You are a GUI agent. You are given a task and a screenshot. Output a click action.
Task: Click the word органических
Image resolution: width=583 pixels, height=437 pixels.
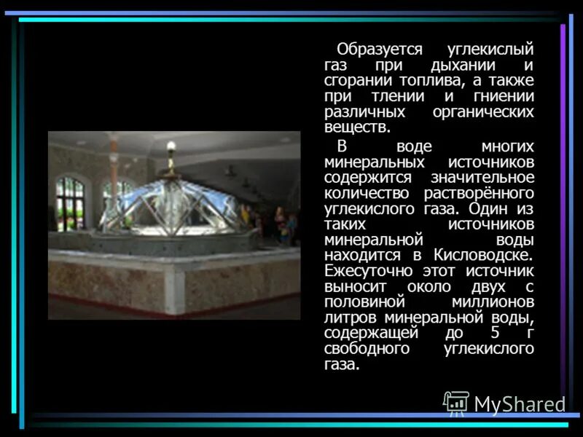[484, 113]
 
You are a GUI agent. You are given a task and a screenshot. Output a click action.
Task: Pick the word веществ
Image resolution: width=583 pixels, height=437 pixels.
[357, 128]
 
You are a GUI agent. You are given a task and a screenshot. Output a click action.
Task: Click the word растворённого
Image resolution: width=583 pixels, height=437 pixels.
[480, 193]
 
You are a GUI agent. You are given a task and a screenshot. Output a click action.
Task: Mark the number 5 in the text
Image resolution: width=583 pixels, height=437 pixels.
[495, 333]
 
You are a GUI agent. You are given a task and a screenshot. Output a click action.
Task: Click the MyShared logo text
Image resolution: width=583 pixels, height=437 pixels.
[520, 403]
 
